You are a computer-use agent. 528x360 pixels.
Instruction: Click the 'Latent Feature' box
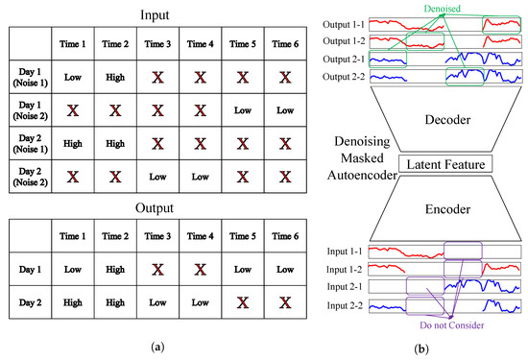pyautogui.click(x=437, y=164)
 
